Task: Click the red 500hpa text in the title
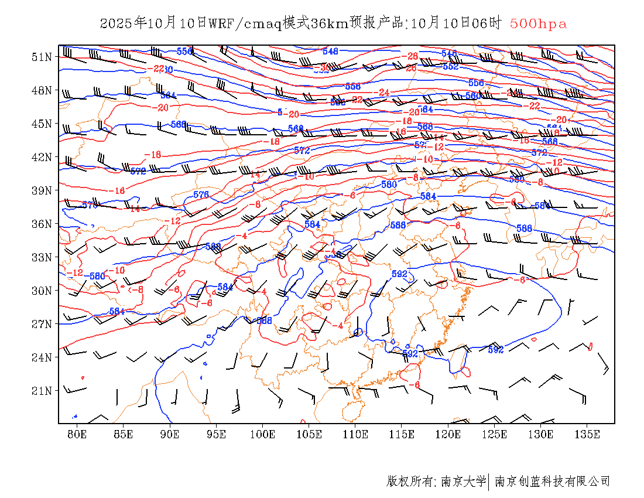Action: (538, 24)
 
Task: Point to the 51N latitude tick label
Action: (42, 57)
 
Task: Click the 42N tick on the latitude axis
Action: (42, 157)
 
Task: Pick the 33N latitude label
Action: (42, 257)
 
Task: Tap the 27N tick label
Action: (42, 324)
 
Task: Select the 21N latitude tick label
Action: (42, 391)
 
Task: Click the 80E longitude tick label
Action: (77, 434)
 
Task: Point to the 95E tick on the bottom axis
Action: (216, 434)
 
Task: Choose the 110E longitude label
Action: (355, 434)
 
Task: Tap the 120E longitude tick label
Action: (448, 434)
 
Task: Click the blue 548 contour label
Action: (330, 52)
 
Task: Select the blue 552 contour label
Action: (451, 67)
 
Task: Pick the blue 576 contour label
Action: (201, 195)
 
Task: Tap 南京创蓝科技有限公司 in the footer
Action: (552, 482)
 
